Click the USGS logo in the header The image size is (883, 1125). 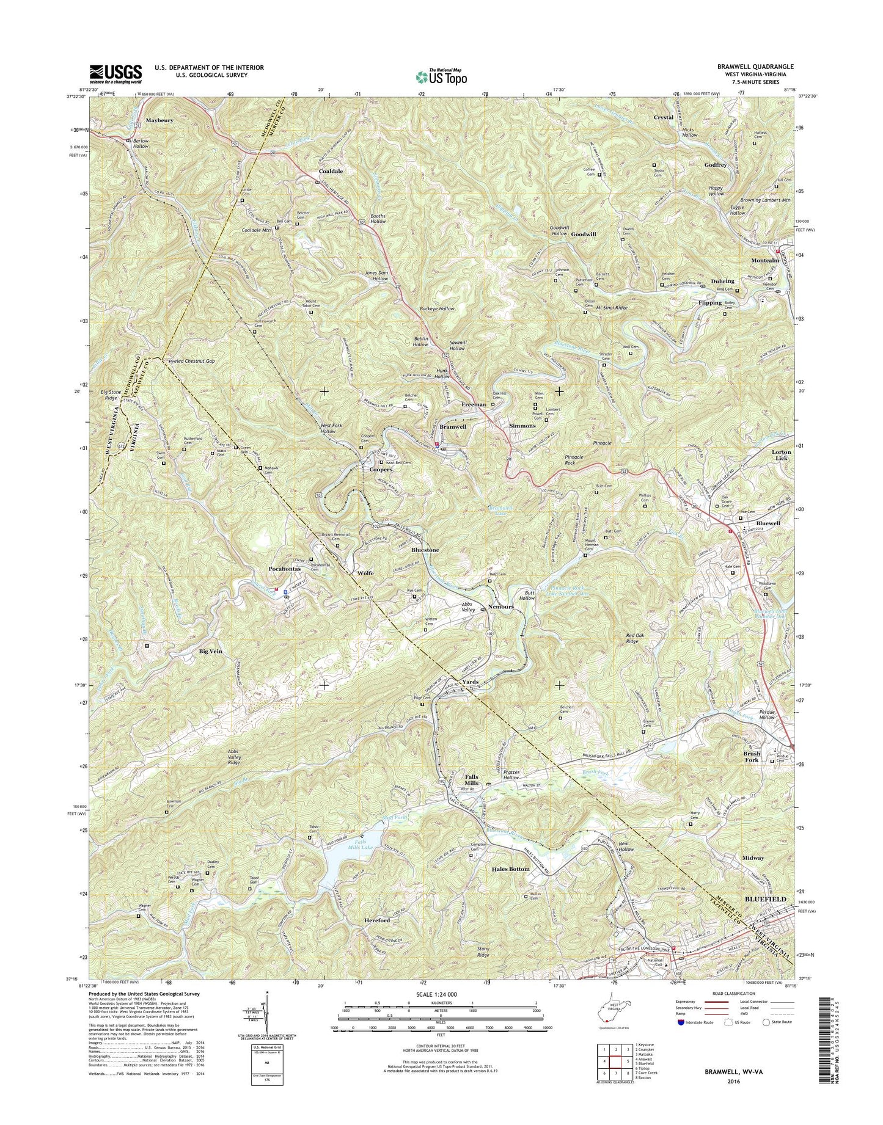coord(115,73)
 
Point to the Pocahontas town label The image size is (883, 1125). coord(285,569)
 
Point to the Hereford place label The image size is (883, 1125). coord(377,920)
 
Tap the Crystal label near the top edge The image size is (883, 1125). coord(664,117)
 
